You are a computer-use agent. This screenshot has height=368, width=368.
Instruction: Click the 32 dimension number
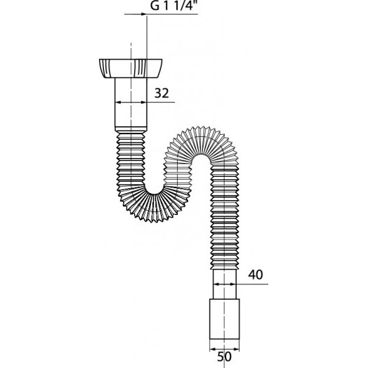tap(162, 93)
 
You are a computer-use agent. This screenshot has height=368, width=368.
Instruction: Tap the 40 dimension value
tap(256, 275)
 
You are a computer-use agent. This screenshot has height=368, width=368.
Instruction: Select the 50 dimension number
tap(224, 357)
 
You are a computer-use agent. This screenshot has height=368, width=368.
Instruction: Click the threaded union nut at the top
tap(131, 69)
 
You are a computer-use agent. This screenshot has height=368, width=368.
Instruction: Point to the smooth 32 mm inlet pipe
tap(131, 103)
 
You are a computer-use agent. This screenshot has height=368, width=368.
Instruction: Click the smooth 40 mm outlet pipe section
tap(225, 284)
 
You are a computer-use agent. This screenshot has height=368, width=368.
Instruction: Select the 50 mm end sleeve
tap(224, 319)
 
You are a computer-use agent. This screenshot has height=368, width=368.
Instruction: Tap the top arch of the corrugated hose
tap(202, 140)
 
